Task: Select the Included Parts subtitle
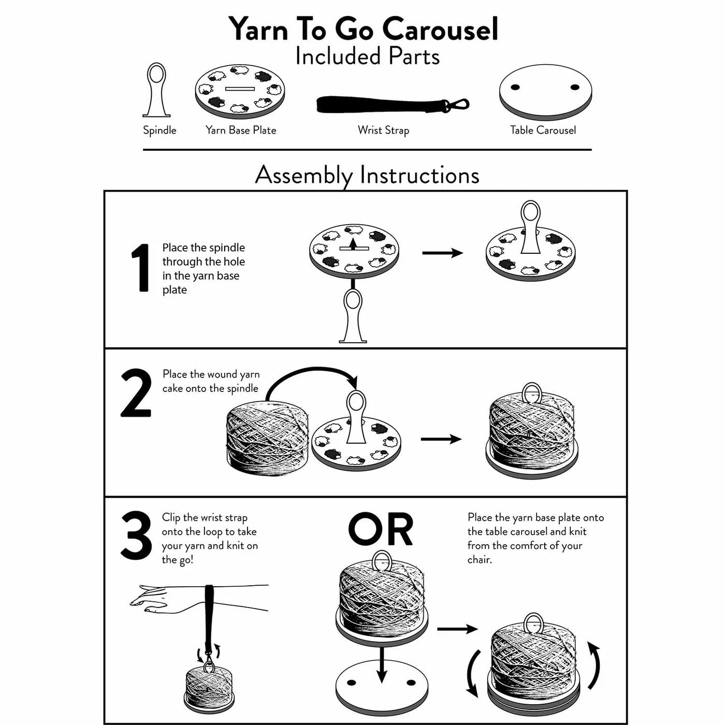click(367, 56)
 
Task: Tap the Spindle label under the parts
click(160, 130)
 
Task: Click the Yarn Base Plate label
click(241, 130)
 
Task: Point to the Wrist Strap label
click(383, 130)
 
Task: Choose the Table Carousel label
click(543, 130)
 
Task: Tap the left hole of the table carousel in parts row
click(515, 87)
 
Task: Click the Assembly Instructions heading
click(367, 175)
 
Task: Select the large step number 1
click(140, 268)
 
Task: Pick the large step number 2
click(136, 394)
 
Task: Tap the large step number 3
click(136, 536)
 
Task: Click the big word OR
click(381, 530)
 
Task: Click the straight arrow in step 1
click(442, 253)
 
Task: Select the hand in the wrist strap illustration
click(150, 600)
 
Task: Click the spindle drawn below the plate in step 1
click(353, 316)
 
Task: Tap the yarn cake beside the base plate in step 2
click(267, 438)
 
